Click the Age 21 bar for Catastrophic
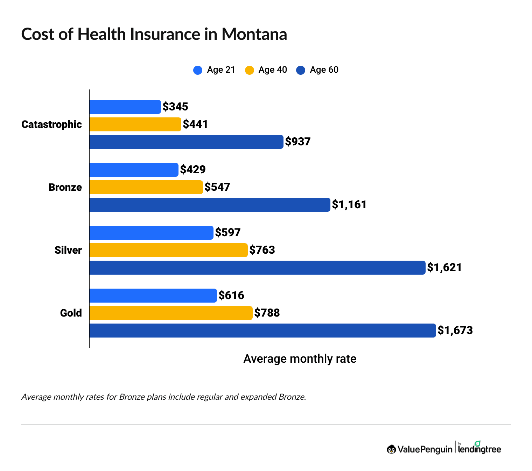coord(125,107)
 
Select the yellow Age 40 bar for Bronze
coord(146,187)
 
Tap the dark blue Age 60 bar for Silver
coord(257,268)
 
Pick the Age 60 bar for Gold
coord(262,331)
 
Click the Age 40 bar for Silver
coord(168,250)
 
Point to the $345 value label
coord(175,107)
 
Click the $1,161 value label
coord(349,204)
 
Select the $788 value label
coord(267,313)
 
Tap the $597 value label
coord(228,232)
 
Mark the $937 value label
coord(298,142)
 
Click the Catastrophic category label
coord(51,124)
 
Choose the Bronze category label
coord(65,187)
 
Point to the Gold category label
coord(71,313)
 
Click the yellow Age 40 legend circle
coord(249,70)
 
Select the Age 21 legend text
coord(221,70)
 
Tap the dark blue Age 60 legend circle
coord(301,70)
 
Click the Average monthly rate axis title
coord(300,359)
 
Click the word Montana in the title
coord(254,34)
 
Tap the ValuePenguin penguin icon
coord(391,449)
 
